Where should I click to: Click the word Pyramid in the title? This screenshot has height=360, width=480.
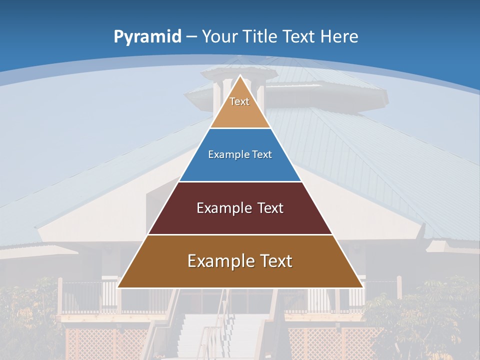pyautogui.click(x=147, y=36)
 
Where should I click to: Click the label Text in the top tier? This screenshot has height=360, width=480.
pyautogui.click(x=239, y=101)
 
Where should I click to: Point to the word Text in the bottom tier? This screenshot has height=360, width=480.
pyautogui.click(x=272, y=261)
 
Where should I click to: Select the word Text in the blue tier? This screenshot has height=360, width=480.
pyautogui.click(x=258, y=154)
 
